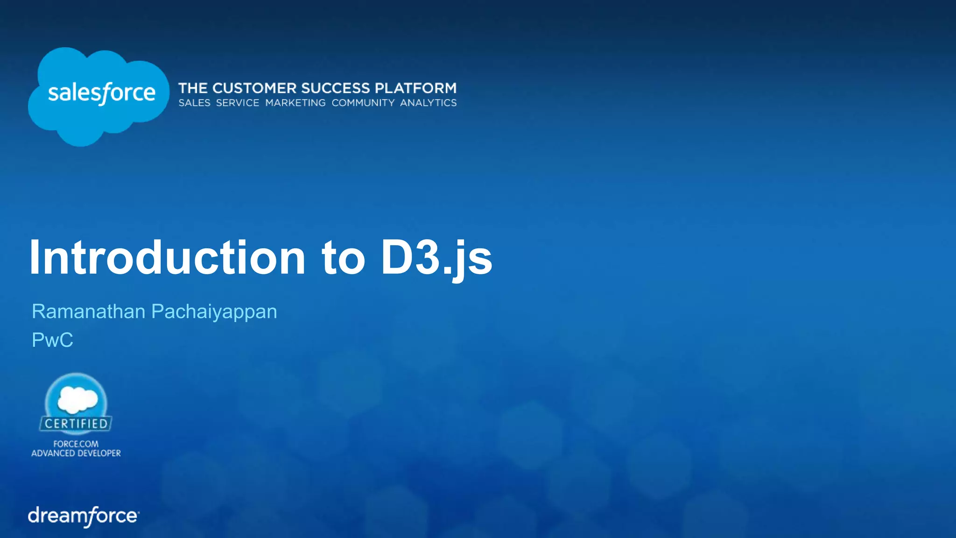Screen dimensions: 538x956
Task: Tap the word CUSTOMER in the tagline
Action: point(254,88)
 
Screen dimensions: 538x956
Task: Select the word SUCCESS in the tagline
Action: point(336,88)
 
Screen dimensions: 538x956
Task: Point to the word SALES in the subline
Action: point(194,103)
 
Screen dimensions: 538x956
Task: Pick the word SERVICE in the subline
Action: point(238,103)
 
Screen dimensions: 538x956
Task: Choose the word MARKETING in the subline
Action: point(295,103)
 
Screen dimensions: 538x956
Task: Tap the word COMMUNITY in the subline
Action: point(363,103)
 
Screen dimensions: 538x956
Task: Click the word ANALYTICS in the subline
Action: point(428,103)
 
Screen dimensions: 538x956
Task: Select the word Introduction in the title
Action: point(167,258)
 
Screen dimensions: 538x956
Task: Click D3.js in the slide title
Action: point(436,259)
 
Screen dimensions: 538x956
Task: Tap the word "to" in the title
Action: point(343,259)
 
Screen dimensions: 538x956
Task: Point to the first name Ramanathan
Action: point(88,311)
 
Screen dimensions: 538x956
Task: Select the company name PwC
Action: point(52,340)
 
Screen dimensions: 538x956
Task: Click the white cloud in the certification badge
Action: point(77,399)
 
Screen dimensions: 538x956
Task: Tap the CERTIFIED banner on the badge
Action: point(76,424)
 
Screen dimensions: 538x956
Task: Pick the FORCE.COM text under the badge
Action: point(76,444)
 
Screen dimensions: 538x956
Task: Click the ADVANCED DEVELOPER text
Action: point(76,453)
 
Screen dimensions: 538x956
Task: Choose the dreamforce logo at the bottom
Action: point(84,516)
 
